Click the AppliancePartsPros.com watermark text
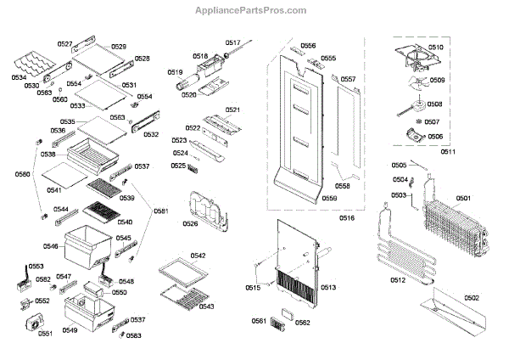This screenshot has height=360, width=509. click(x=254, y=10)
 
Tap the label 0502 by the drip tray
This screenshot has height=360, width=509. click(x=472, y=298)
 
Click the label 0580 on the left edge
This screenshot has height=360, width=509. click(x=21, y=175)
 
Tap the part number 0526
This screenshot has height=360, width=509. click(x=190, y=224)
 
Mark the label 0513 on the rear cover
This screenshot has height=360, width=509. click(x=328, y=288)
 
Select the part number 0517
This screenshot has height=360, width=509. click(x=233, y=42)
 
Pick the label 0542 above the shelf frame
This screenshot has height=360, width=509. click(x=198, y=255)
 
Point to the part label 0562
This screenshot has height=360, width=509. click(x=303, y=322)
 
